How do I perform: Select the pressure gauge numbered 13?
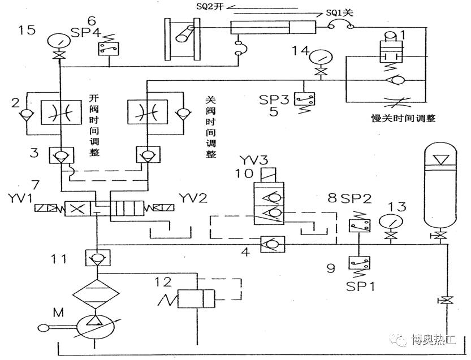click(389, 219)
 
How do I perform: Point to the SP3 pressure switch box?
click(308, 99)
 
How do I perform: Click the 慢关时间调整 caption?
click(403, 119)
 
